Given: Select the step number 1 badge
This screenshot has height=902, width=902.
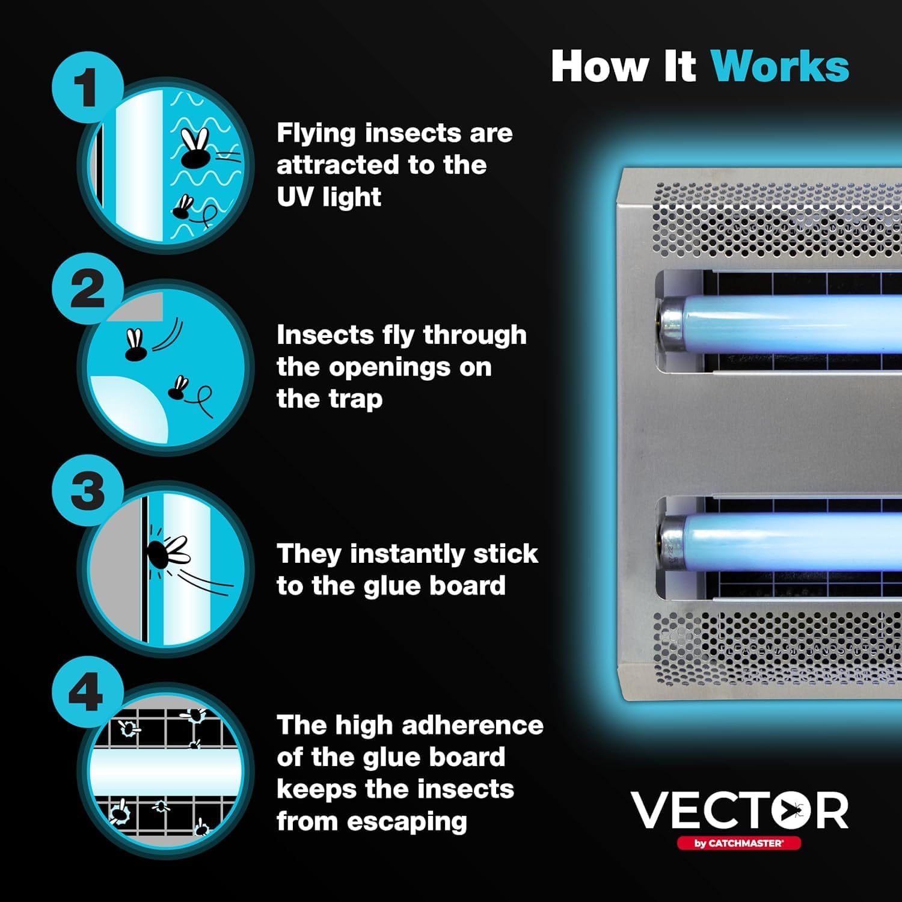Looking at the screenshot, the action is (x=87, y=87).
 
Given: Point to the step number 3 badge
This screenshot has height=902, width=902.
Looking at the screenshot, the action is (x=87, y=490).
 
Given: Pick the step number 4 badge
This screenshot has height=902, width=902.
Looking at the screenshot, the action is (x=87, y=692).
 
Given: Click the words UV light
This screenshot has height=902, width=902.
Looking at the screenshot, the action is (x=329, y=197).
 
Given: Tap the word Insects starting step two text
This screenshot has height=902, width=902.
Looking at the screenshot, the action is (x=325, y=334).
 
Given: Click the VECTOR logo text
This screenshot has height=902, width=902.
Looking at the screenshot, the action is (x=740, y=811).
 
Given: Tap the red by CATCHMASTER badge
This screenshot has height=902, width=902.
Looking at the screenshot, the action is (x=739, y=843).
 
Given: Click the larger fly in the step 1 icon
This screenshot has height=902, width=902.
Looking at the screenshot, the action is (x=196, y=150).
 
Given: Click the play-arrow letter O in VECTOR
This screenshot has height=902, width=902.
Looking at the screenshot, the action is (x=784, y=811).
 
